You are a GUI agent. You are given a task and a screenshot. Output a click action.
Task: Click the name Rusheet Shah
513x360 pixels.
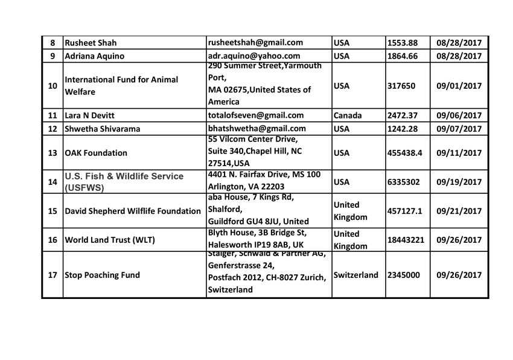pyautogui.click(x=91, y=43)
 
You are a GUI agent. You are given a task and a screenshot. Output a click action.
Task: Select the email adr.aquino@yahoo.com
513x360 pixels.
pyautogui.click(x=253, y=56)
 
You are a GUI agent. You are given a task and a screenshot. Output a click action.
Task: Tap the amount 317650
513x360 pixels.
pyautogui.click(x=401, y=86)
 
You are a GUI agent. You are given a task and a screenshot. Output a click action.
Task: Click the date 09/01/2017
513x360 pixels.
pyautogui.click(x=459, y=86)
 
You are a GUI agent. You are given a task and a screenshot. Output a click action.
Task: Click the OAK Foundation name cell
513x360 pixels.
pyautogui.click(x=96, y=153)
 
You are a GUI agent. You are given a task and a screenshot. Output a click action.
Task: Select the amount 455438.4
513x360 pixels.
pyautogui.click(x=406, y=153)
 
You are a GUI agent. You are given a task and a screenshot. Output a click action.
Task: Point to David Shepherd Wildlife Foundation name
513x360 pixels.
pyautogui.click(x=133, y=211)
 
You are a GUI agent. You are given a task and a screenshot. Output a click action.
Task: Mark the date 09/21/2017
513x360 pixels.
pyautogui.click(x=459, y=211)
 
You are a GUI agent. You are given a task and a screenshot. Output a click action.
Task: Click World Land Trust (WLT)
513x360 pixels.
pyautogui.click(x=110, y=240)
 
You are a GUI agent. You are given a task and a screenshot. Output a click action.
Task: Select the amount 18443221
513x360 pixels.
pyautogui.click(x=406, y=240)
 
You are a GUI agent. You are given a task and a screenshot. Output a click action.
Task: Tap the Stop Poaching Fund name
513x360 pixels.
pyautogui.click(x=102, y=275)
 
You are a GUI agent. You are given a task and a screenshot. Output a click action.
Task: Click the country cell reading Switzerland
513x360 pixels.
pyautogui.click(x=356, y=275)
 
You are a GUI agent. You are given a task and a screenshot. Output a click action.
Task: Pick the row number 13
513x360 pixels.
pyautogui.click(x=53, y=153)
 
